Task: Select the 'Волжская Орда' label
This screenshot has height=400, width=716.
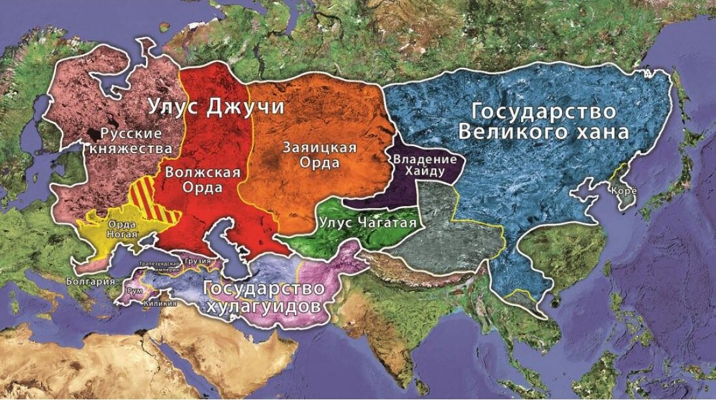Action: coord(203,180)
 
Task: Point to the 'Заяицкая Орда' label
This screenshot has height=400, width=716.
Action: coord(320,154)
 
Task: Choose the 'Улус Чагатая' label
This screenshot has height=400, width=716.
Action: coord(368,223)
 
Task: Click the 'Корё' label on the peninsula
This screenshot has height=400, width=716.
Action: coord(620,191)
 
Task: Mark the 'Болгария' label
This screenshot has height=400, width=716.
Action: coord(91,281)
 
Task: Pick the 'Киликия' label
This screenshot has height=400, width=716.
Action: coord(160,303)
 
